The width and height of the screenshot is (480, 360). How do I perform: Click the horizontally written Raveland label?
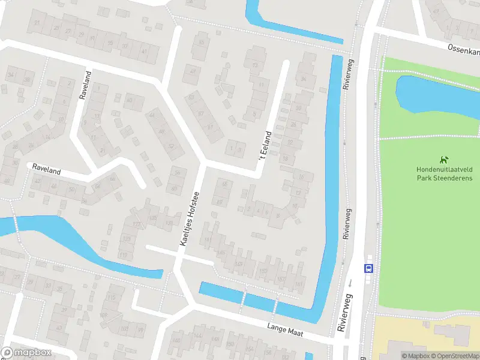pos(47,171)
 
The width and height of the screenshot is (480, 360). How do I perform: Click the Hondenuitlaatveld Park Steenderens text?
pos(444,173)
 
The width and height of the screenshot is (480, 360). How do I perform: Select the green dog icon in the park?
pos(444,160)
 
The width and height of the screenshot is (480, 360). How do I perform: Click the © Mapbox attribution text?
pos(415,356)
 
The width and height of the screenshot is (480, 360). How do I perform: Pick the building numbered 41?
pos(144,52)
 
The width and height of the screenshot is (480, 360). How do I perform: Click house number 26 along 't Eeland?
pos(293,125)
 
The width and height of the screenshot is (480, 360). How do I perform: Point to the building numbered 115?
pos(111,298)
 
